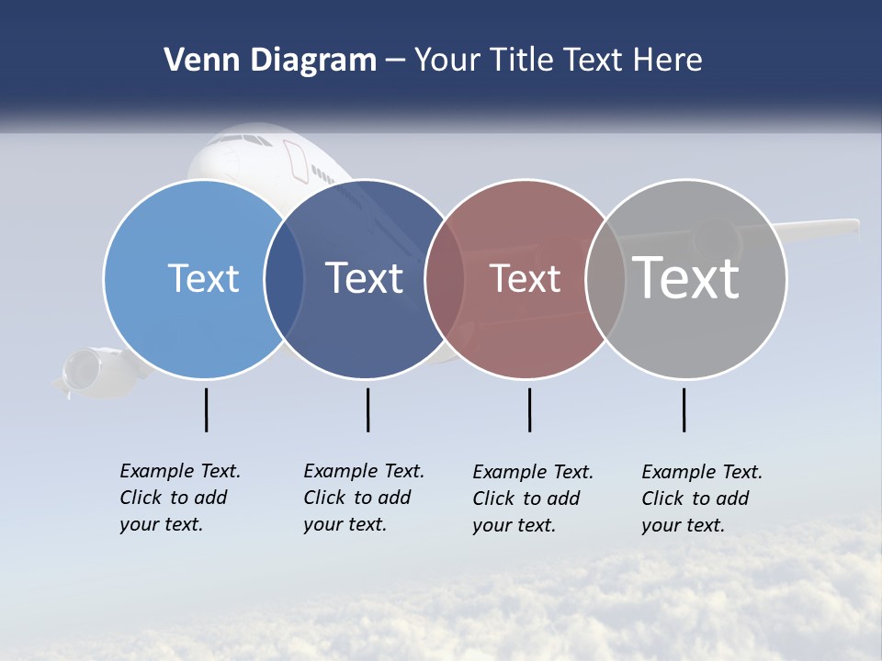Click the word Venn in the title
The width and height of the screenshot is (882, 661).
(x=196, y=61)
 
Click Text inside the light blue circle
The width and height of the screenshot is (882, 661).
(x=203, y=278)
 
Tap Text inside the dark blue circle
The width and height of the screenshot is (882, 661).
(x=364, y=278)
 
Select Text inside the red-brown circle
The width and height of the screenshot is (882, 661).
(x=525, y=278)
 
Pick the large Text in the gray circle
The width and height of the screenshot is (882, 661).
(x=686, y=277)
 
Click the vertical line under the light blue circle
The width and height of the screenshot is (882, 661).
(x=207, y=409)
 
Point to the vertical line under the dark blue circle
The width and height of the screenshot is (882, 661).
(x=367, y=409)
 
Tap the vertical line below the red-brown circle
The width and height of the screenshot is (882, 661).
(x=529, y=409)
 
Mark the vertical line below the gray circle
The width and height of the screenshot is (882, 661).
(x=684, y=409)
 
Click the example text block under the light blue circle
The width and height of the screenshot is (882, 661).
(x=179, y=498)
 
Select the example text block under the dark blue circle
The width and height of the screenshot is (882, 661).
(x=363, y=498)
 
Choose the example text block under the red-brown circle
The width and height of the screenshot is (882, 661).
(x=532, y=499)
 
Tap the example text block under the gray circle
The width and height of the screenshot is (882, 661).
(x=701, y=499)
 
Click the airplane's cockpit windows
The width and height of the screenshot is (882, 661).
(x=243, y=140)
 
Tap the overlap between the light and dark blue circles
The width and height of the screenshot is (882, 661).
(x=284, y=278)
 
